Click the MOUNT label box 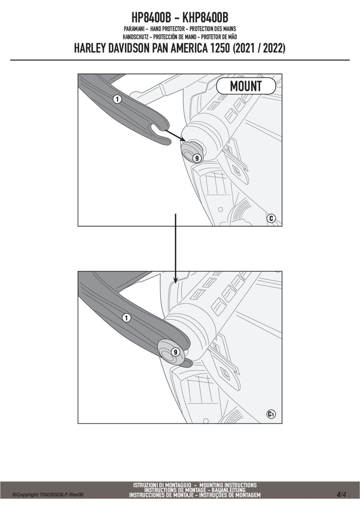(246, 86)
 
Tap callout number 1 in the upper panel (117, 99)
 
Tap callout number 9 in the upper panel (197, 158)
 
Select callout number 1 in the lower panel (127, 318)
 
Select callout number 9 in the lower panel (175, 352)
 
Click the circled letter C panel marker (271, 218)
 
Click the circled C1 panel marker (271, 414)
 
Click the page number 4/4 (341, 495)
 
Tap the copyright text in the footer (48, 495)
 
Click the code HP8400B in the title (151, 18)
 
